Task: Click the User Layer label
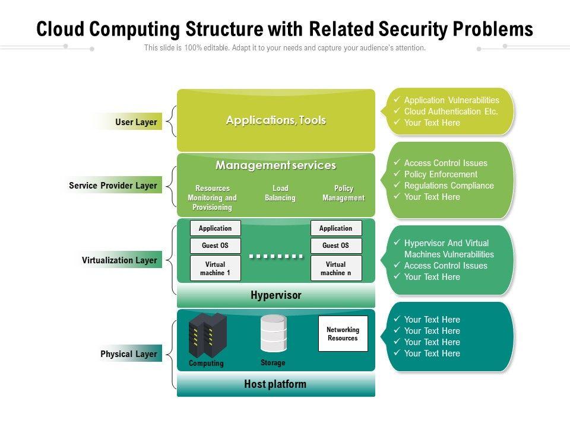click(x=136, y=122)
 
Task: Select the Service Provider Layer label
click(x=113, y=186)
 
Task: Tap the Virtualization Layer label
click(x=119, y=260)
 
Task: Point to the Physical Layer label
click(x=128, y=354)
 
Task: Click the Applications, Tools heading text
click(x=276, y=120)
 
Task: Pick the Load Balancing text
click(x=280, y=193)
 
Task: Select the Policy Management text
click(x=343, y=193)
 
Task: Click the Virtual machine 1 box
click(x=215, y=269)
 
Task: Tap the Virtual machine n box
click(x=336, y=269)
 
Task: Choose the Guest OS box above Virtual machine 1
click(x=215, y=246)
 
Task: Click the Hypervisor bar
click(x=276, y=295)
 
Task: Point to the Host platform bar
click(x=275, y=384)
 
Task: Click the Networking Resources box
click(x=343, y=334)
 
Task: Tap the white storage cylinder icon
click(x=274, y=333)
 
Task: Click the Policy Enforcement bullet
click(x=441, y=174)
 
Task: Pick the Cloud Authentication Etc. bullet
click(x=451, y=111)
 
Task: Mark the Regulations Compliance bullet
click(x=449, y=186)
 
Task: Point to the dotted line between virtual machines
click(x=276, y=257)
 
